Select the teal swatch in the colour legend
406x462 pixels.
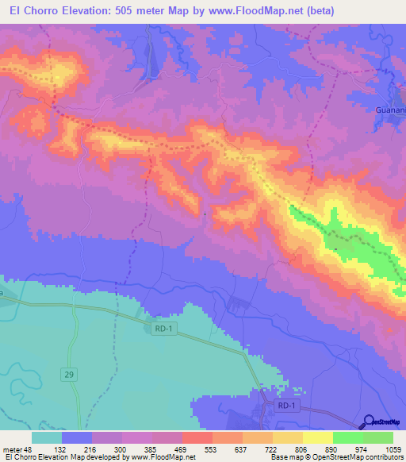(47, 437)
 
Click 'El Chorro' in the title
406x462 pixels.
(32, 11)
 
